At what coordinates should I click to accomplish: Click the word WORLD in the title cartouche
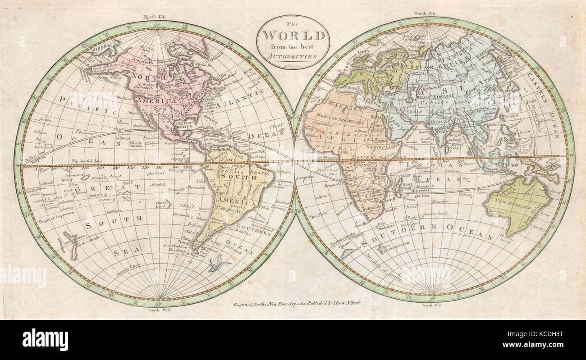[293, 35]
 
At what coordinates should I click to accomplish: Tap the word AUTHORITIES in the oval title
[293, 57]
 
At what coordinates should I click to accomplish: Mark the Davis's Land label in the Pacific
[162, 204]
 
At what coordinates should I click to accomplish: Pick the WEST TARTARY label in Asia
[417, 98]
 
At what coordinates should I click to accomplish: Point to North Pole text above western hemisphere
[155, 17]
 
